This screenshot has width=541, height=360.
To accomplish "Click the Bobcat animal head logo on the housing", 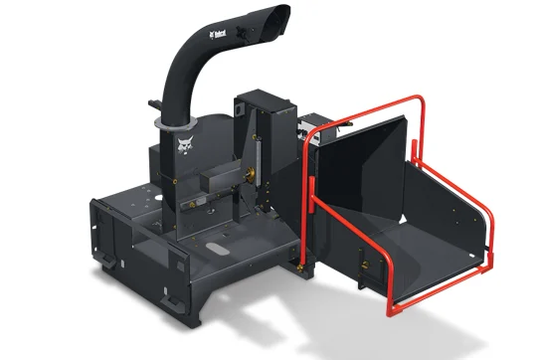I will pos(185,148).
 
